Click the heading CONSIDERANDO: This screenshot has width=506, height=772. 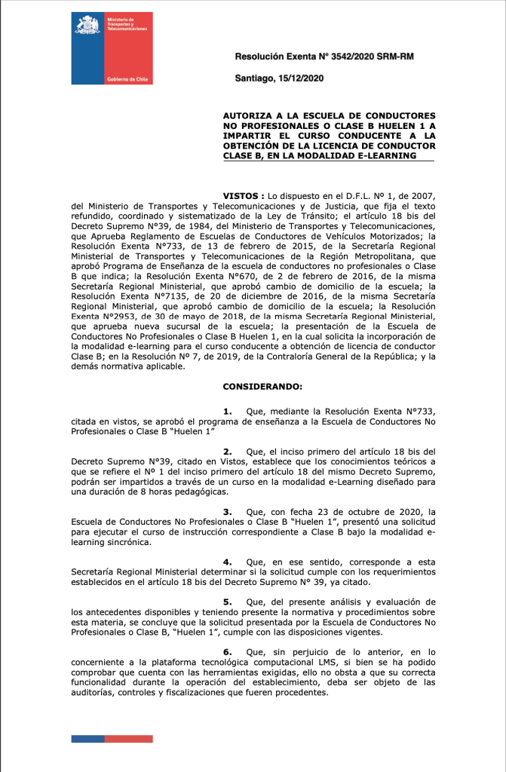pyautogui.click(x=262, y=387)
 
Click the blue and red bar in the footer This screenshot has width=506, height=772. pyautogui.click(x=112, y=739)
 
